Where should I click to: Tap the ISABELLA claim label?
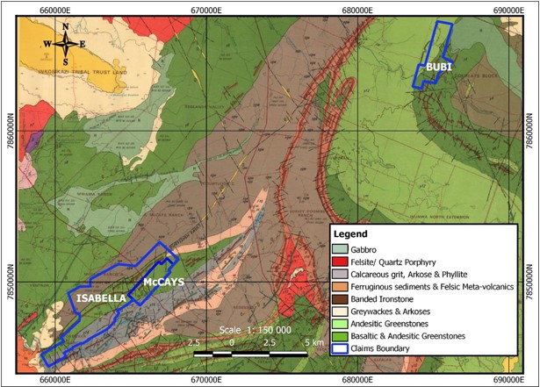pos(100,298)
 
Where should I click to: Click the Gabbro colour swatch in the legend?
pos(342,249)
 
